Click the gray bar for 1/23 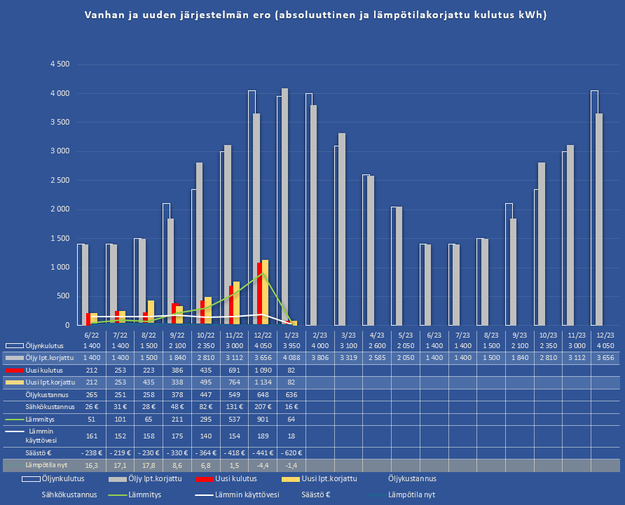[284, 207]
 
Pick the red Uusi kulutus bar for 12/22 [259, 293]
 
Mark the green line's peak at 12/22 [262, 273]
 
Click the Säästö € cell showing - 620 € [291, 452]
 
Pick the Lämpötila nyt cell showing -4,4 [262, 465]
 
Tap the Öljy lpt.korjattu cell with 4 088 [291, 358]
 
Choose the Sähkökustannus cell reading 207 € [262, 406]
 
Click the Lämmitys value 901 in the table [262, 419]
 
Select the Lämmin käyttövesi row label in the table [50, 436]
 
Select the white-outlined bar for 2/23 [309, 209]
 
